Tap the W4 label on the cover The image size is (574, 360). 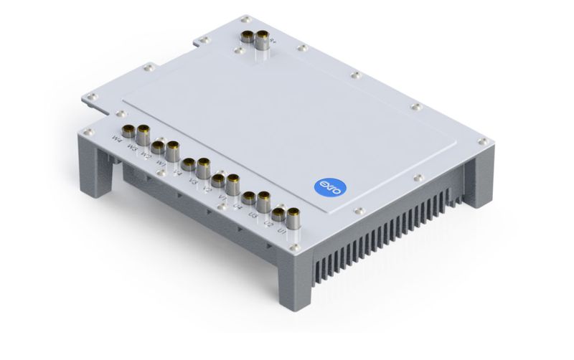(x=116, y=136)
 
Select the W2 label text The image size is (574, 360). (x=146, y=153)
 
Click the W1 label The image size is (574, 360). (x=161, y=163)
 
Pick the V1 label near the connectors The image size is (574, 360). (x=222, y=196)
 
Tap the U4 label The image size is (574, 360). (x=237, y=206)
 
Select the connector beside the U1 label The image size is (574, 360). (x=293, y=213)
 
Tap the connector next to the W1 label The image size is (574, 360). (x=173, y=150)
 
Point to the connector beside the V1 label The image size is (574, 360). (x=233, y=180)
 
